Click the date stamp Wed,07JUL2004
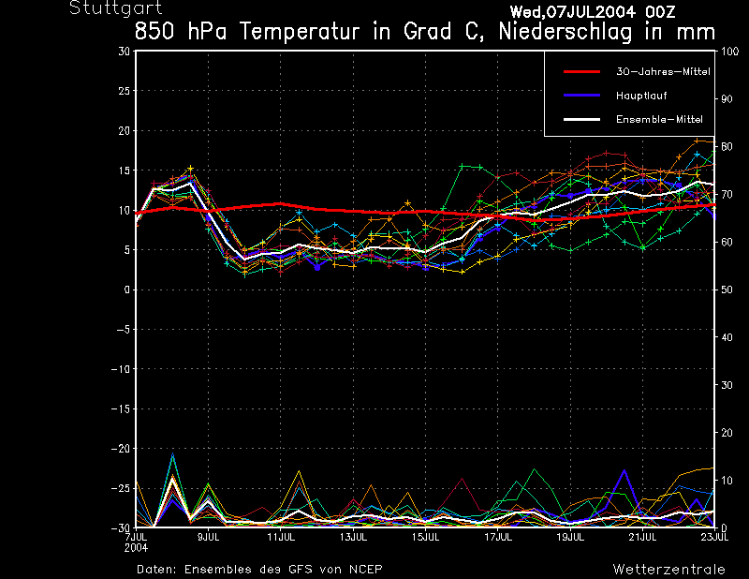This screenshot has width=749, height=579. pos(572,12)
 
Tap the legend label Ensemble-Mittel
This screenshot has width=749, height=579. pos(658,120)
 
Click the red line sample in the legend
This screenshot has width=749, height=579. pos(580,71)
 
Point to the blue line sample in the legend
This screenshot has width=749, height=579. pos(580,96)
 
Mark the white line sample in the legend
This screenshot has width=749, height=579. pos(580,120)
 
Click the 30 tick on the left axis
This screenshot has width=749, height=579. pos(125,52)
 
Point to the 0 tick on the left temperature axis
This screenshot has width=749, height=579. pos(127,290)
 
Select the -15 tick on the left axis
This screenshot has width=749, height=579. pos(122,409)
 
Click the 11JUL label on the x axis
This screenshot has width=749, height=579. pos(281,537)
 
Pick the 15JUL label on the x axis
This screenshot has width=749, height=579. pos(426,537)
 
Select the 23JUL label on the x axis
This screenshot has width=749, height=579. pos(714,537)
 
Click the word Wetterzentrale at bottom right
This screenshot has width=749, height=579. pos(668,569)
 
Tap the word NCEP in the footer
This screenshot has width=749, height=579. pos(365,569)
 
